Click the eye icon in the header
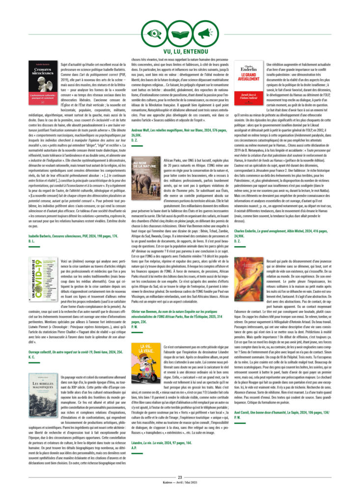point(154,33)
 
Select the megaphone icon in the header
point(205,33)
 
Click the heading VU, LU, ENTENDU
point(180,52)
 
